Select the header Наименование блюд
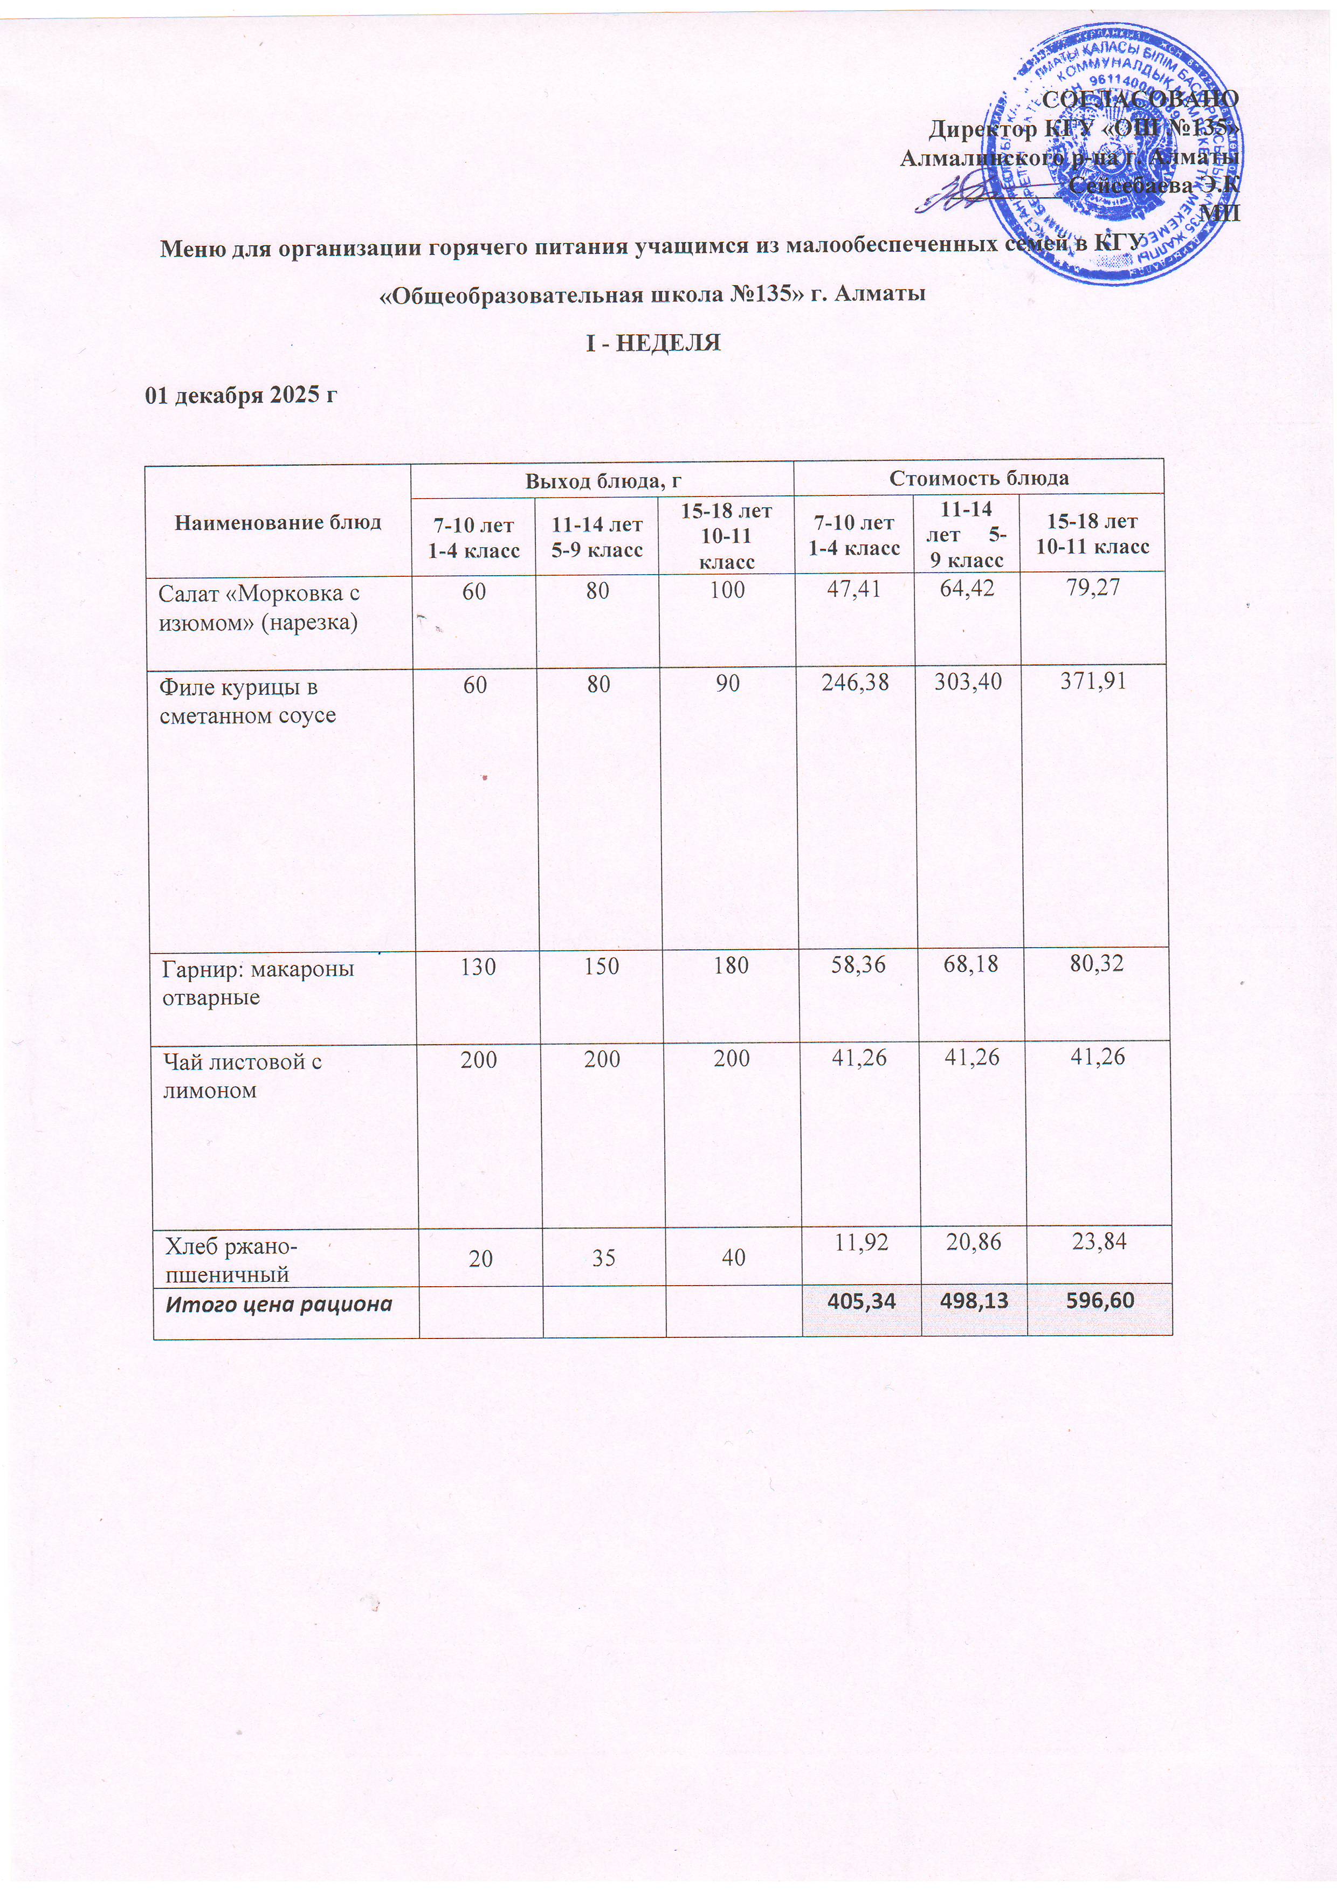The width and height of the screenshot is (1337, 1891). click(x=278, y=522)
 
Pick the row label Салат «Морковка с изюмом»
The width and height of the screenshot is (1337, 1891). click(x=259, y=608)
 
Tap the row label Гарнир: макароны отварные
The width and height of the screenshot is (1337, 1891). click(x=257, y=983)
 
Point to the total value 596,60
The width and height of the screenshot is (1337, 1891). click(x=1098, y=1301)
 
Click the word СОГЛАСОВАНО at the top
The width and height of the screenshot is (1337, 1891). click(x=1140, y=98)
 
